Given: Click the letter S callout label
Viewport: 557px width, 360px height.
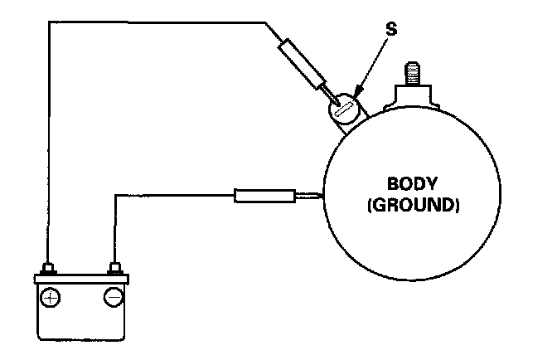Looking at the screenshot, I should click(x=391, y=29).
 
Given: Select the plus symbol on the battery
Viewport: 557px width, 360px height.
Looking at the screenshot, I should click(x=51, y=296).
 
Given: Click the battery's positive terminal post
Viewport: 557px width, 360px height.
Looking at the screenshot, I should click(x=51, y=268).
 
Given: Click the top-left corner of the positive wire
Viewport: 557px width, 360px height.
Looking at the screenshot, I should click(x=51, y=22).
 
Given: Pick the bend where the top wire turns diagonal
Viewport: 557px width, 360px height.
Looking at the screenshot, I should click(x=266, y=23).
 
